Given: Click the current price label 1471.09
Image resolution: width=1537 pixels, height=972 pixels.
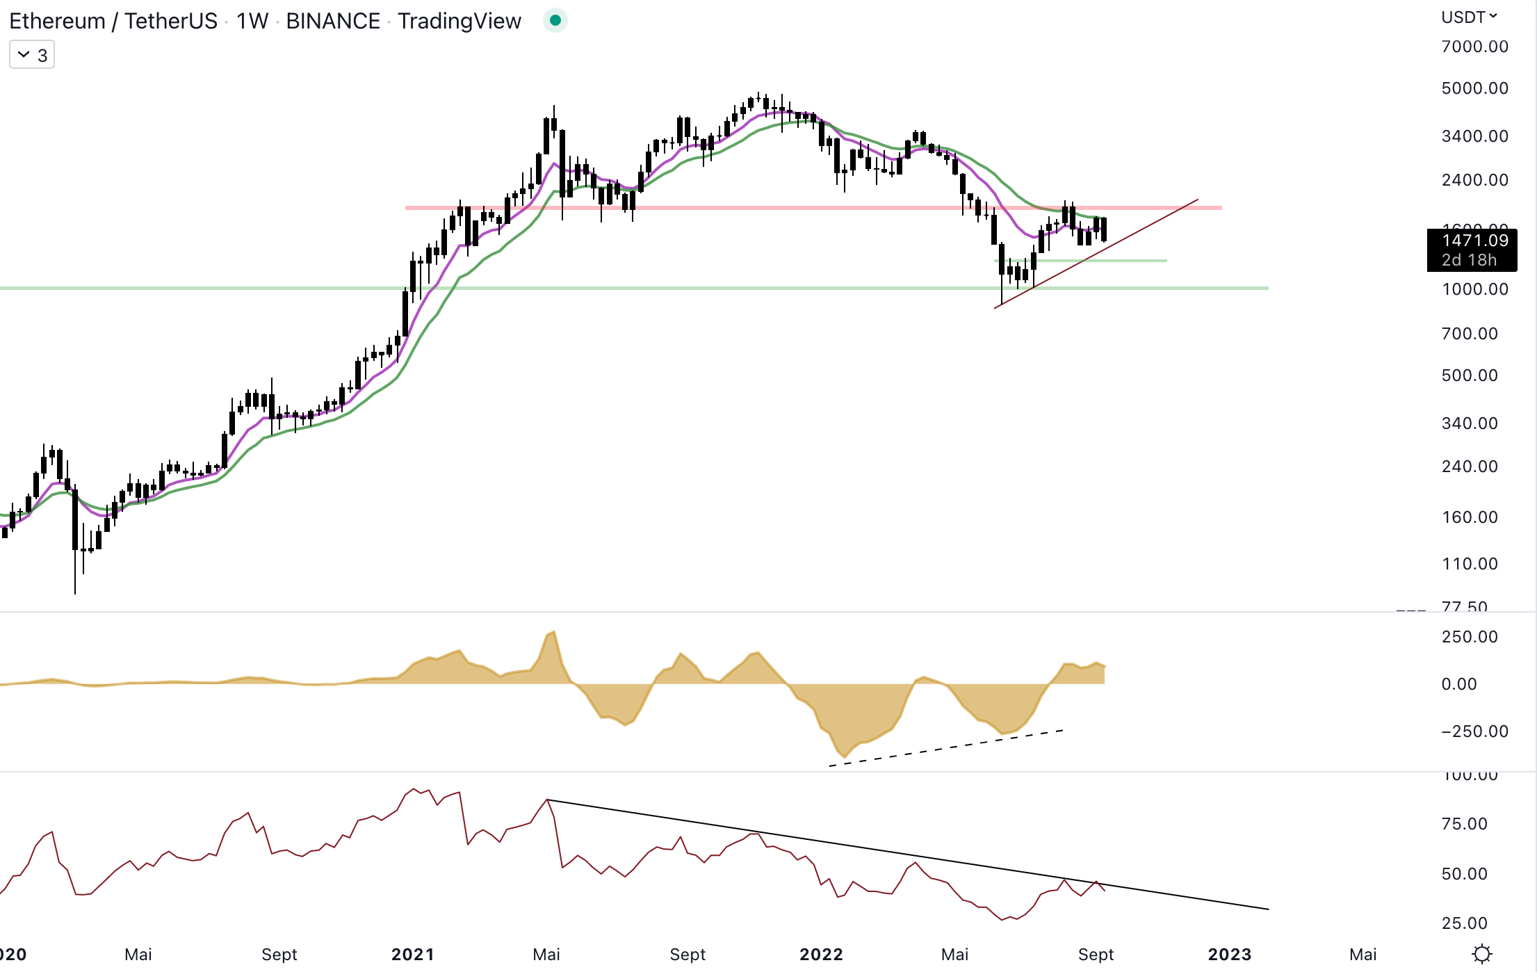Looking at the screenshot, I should pos(1474,241).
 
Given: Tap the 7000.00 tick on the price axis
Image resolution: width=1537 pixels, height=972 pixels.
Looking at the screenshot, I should pos(1474,47).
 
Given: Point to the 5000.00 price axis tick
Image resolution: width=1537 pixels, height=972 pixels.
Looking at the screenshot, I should pos(1474,88).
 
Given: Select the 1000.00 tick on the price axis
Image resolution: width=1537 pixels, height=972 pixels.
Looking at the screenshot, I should pos(1474,289).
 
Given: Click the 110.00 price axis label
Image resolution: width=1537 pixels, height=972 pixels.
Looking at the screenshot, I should pos(1470,564).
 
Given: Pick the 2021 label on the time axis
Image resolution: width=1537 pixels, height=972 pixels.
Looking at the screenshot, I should pos(412,955).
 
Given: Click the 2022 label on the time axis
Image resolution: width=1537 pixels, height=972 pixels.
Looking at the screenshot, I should pos(821,955).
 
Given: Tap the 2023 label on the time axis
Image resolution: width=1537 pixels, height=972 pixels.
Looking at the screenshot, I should pos(1229,955).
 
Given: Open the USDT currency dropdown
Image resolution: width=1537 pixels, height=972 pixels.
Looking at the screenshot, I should pos(1468,17).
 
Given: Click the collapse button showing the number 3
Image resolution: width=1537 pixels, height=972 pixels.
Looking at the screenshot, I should pos(32,55).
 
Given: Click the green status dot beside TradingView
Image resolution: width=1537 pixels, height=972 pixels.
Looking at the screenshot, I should pos(555,21).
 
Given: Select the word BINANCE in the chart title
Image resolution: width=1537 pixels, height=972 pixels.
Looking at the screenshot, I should pos(333,22).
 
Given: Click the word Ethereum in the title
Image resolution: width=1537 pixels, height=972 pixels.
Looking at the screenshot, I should pos(57,22).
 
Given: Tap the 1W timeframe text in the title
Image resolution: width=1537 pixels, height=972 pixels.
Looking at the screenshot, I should pos(252,22).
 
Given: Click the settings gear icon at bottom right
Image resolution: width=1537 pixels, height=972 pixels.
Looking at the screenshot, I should pos(1482,954).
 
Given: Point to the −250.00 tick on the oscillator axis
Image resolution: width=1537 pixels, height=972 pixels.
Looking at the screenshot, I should pos(1474,731).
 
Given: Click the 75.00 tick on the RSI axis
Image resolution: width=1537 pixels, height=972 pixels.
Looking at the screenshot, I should pos(1464,824).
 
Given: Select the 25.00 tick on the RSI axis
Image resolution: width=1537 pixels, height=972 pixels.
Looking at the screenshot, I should pos(1464,923).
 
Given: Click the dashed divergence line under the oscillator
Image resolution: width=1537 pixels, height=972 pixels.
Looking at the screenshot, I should pos(945,748).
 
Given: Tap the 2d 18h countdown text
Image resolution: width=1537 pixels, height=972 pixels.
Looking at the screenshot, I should pos(1468,260).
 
